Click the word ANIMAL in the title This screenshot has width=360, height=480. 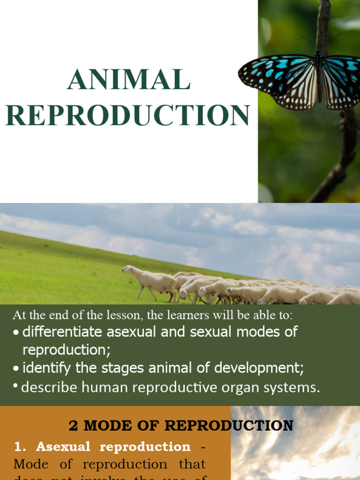point(128,80)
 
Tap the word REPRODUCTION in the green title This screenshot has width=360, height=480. point(127,115)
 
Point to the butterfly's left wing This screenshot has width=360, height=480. point(277,77)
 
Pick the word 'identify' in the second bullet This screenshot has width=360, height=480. point(47,368)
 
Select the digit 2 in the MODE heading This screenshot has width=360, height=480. point(73,426)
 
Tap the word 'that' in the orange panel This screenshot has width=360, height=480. point(192,464)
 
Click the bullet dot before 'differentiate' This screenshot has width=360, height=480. point(16,333)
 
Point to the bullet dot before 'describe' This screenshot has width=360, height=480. point(16,387)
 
